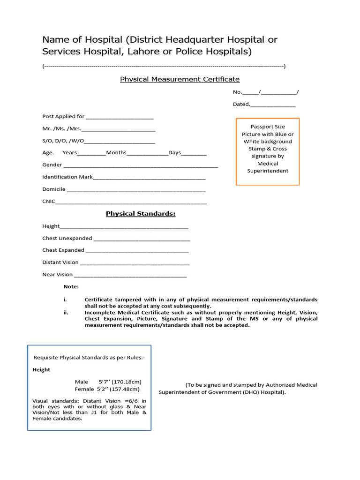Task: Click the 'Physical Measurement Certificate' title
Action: click(180, 79)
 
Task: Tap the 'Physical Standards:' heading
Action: click(141, 214)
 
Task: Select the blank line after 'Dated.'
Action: click(273, 105)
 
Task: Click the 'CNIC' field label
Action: click(49, 202)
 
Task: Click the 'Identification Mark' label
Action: click(67, 177)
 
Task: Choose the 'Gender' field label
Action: click(52, 165)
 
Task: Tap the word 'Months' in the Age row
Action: click(116, 153)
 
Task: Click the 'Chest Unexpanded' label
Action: click(67, 238)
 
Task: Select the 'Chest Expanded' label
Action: click(63, 250)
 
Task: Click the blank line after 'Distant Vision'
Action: click(135, 263)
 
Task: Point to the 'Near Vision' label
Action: click(57, 275)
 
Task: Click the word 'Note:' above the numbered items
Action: click(71, 287)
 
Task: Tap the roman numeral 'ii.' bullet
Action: click(66, 312)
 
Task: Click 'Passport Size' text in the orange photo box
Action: click(267, 127)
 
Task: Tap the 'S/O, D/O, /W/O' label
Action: click(63, 141)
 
